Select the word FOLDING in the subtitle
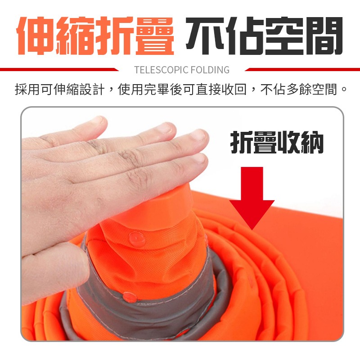[x=210, y=70]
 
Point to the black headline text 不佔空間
[x=265, y=36]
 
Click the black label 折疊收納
[x=277, y=143]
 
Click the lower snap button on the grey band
[x=129, y=296]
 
